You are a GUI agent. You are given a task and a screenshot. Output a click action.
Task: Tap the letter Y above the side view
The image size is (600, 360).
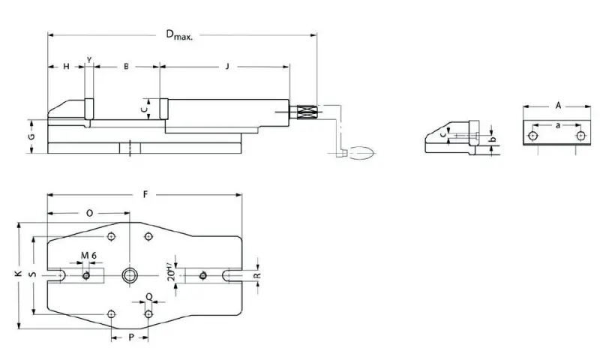[x=89, y=58]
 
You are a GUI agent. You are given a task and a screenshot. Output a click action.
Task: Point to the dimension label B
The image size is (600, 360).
[x=126, y=67]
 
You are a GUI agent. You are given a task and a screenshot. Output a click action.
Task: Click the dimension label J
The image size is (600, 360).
[x=226, y=67]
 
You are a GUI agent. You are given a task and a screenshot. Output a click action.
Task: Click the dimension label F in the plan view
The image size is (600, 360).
[x=145, y=194]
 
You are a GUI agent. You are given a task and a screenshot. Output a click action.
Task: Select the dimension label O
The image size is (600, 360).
[x=89, y=213]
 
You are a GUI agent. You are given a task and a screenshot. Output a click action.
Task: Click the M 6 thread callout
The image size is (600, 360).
[x=89, y=256]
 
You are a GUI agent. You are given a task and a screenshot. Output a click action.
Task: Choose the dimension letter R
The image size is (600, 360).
[x=256, y=276]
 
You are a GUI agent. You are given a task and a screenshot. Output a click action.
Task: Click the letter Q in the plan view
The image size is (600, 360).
[x=148, y=295]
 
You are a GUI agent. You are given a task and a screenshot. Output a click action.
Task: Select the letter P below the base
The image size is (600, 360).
[x=130, y=338]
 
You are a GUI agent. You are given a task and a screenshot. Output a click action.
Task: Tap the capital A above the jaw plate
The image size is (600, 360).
[x=558, y=106]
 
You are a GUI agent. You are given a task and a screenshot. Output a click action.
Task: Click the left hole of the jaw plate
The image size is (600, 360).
[x=532, y=136]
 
